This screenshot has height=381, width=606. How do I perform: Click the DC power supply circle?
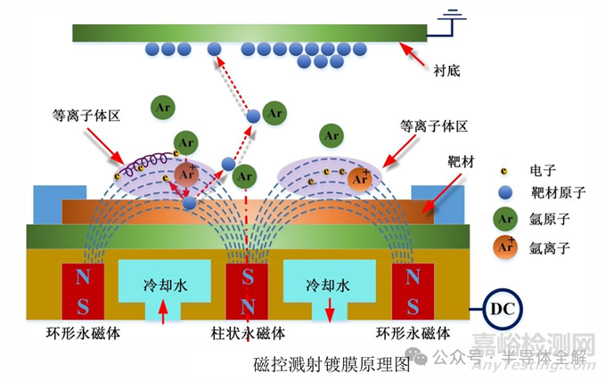(x=502, y=309)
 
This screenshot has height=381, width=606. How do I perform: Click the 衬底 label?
(x=446, y=70)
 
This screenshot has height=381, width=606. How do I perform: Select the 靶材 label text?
(x=461, y=162)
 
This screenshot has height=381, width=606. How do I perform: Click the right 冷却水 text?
(x=328, y=285)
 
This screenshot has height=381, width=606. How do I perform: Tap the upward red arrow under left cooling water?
(x=163, y=312)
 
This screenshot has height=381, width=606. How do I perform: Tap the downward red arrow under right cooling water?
(x=329, y=310)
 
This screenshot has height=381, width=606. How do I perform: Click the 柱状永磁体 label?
(x=248, y=333)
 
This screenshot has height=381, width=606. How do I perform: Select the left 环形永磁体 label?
(x=83, y=333)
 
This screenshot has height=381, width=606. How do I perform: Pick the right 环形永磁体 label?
(x=414, y=333)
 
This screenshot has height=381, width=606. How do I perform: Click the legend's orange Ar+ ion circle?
(x=505, y=247)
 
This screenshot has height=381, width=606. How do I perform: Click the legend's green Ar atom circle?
(x=505, y=219)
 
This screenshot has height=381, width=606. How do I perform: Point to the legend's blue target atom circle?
(x=504, y=192)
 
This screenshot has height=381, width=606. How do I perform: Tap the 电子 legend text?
(x=543, y=170)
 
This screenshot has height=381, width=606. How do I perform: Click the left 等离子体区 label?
(x=86, y=116)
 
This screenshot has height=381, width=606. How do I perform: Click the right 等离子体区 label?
(x=434, y=126)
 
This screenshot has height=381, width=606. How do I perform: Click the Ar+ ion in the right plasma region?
(x=360, y=179)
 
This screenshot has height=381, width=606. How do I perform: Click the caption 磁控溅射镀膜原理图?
(x=332, y=364)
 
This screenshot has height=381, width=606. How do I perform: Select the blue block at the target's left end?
(x=60, y=205)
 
